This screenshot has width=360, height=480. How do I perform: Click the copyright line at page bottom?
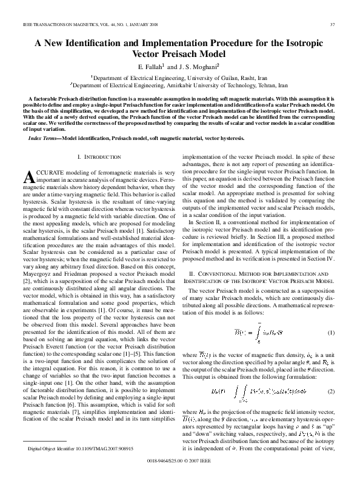point(180,468)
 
